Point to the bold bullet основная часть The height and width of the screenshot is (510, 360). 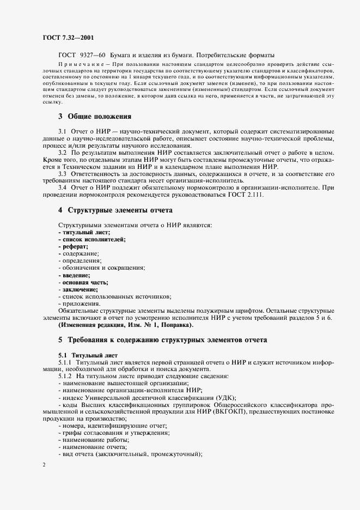pyautogui.click(x=83, y=282)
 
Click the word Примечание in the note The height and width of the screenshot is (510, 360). pyautogui.click(x=80, y=65)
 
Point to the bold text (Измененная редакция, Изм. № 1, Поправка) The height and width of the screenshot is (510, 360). pyautogui.click(x=126, y=325)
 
